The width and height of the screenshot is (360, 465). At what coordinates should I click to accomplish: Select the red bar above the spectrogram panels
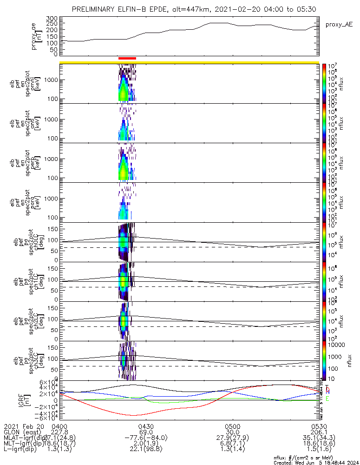tap(127, 59)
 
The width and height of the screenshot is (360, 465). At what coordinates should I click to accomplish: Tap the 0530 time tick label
tap(319, 426)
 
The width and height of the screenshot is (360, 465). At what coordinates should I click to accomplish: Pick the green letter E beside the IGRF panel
tap(327, 399)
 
